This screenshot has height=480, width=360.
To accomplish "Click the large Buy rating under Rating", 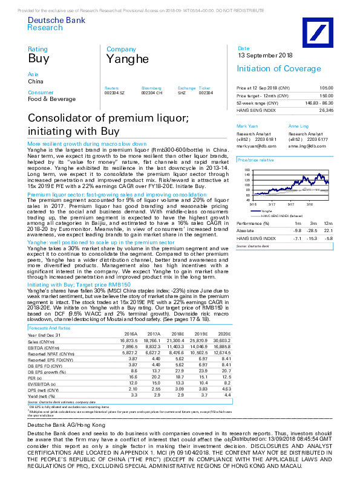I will point(38,59).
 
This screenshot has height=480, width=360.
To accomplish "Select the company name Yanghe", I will point(128,59).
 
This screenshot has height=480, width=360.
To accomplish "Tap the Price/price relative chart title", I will point(252,160).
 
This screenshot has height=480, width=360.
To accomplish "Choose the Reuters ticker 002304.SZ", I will point(114,92).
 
